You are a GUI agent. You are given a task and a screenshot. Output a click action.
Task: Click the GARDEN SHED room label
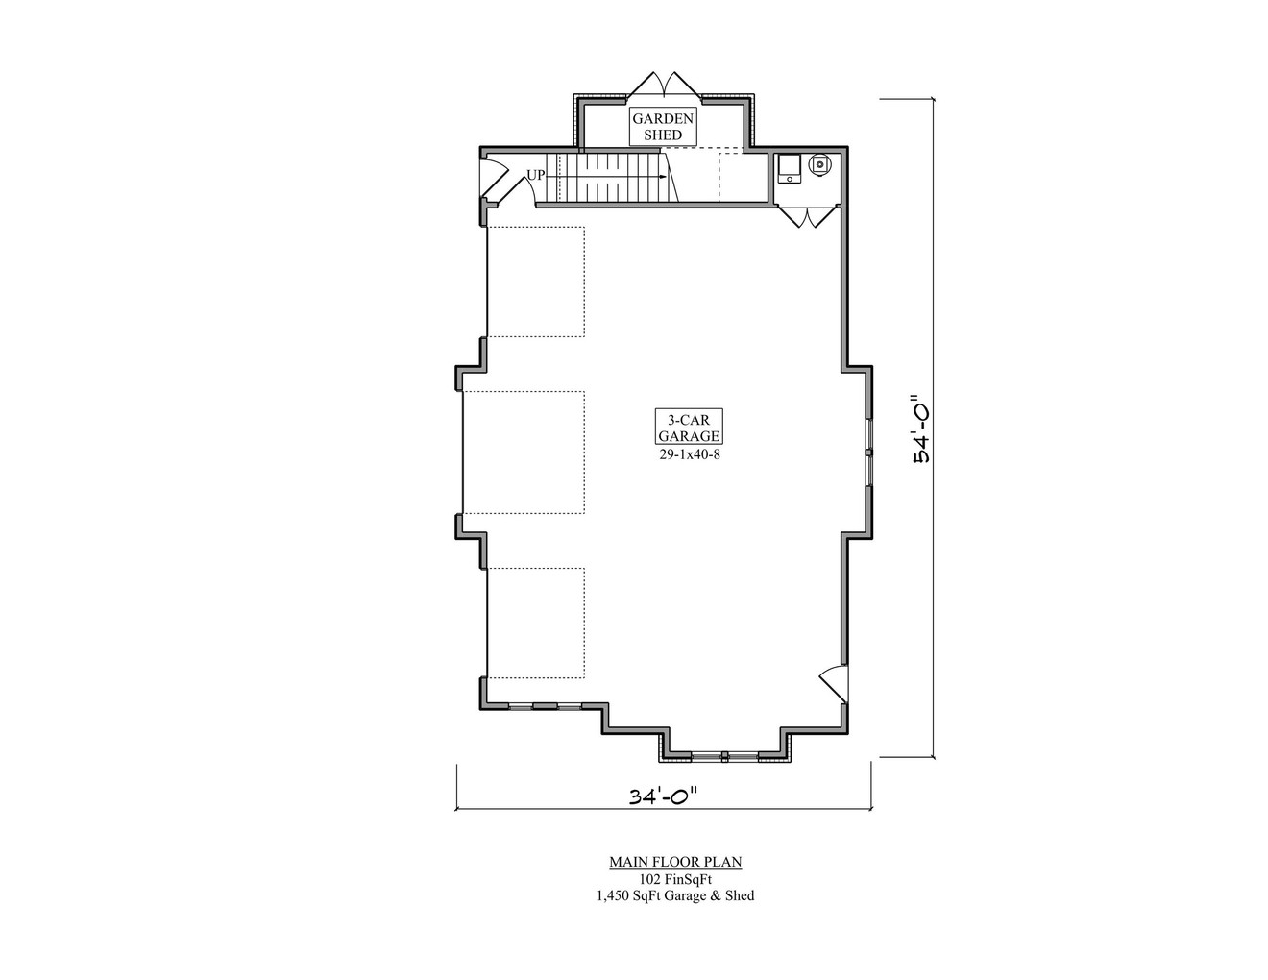[x=663, y=127]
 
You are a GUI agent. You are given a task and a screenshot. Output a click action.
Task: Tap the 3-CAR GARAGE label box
[x=689, y=427]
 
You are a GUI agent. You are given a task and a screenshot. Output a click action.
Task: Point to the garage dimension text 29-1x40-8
[x=689, y=454]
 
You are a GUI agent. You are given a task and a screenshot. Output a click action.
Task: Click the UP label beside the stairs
[x=535, y=176]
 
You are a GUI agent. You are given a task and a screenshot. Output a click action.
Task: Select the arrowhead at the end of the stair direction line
[x=663, y=178]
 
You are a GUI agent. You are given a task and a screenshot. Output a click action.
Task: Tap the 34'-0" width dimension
[x=662, y=796]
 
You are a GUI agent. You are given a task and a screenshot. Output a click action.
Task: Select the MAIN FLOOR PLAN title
[x=675, y=862]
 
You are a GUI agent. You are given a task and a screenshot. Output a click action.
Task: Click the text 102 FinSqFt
[x=675, y=879]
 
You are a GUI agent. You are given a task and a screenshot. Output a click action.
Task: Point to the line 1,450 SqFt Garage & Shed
[x=675, y=896]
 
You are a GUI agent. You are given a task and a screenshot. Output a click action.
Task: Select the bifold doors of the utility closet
[x=808, y=217]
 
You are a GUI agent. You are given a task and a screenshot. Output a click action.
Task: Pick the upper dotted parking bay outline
[x=536, y=282]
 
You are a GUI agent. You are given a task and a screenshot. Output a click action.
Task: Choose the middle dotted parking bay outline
[x=524, y=452]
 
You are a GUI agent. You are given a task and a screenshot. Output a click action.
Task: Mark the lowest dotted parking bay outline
[x=536, y=622]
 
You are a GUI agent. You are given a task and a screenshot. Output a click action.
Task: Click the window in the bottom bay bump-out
[x=723, y=756]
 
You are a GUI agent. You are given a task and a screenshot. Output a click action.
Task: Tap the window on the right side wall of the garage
[x=868, y=452]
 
